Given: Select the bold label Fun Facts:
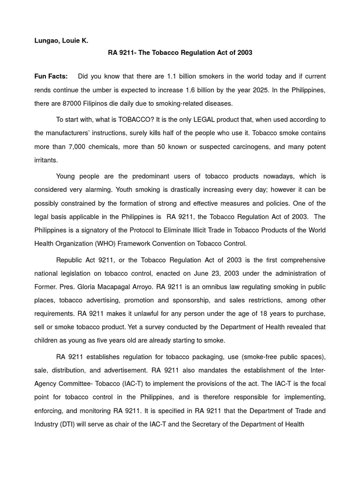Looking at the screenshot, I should click(51, 76).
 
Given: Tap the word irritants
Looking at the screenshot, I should click(45, 160).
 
